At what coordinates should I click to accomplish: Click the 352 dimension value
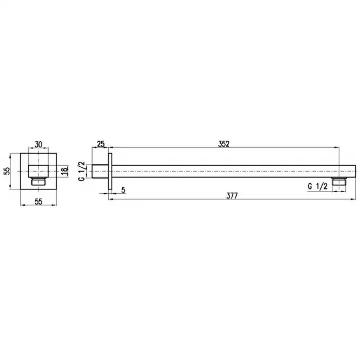224,143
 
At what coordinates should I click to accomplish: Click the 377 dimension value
232,195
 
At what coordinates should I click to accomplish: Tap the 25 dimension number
101,144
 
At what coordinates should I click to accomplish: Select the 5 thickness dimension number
123,190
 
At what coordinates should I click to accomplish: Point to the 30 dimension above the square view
38,145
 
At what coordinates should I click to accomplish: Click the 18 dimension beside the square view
65,171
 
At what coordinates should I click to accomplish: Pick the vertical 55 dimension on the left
7,171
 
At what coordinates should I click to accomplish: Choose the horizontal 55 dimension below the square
38,201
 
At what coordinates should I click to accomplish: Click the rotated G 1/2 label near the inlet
82,171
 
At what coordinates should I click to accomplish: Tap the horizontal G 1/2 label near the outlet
318,186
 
